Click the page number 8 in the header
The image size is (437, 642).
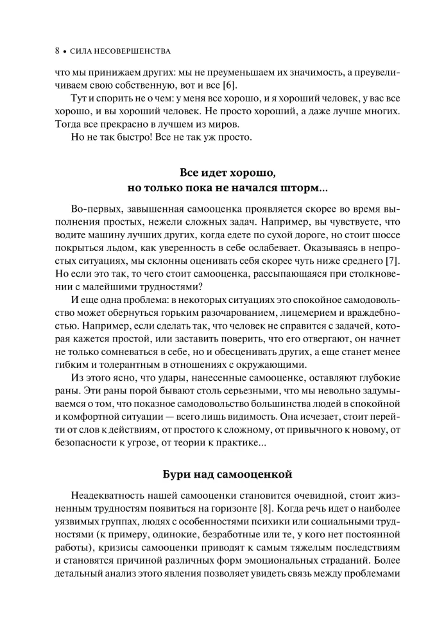tap(58, 50)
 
